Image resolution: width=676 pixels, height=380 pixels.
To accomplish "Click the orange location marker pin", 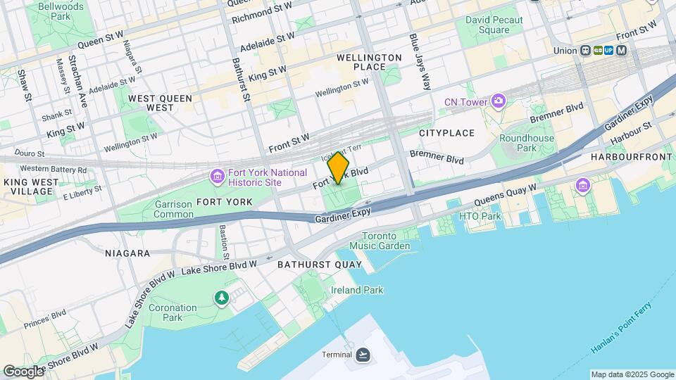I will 338,167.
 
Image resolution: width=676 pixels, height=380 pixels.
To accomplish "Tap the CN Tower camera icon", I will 498,102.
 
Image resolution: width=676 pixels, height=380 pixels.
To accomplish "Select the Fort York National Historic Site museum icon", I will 218,175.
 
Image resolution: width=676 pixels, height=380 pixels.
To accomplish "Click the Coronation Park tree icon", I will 223,298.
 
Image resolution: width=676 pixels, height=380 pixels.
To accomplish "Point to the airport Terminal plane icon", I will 363,354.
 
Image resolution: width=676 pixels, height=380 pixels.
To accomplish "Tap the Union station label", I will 564,51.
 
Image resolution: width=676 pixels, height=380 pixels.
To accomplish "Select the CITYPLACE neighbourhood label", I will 446,133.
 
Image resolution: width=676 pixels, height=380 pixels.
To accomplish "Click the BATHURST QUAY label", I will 320,265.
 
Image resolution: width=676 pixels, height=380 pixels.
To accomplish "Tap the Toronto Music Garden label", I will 385,241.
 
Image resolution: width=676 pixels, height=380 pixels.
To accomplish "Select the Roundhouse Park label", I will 527,144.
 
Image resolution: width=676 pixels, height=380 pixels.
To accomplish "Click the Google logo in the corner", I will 23,371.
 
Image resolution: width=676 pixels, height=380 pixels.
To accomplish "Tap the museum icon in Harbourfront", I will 582,186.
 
